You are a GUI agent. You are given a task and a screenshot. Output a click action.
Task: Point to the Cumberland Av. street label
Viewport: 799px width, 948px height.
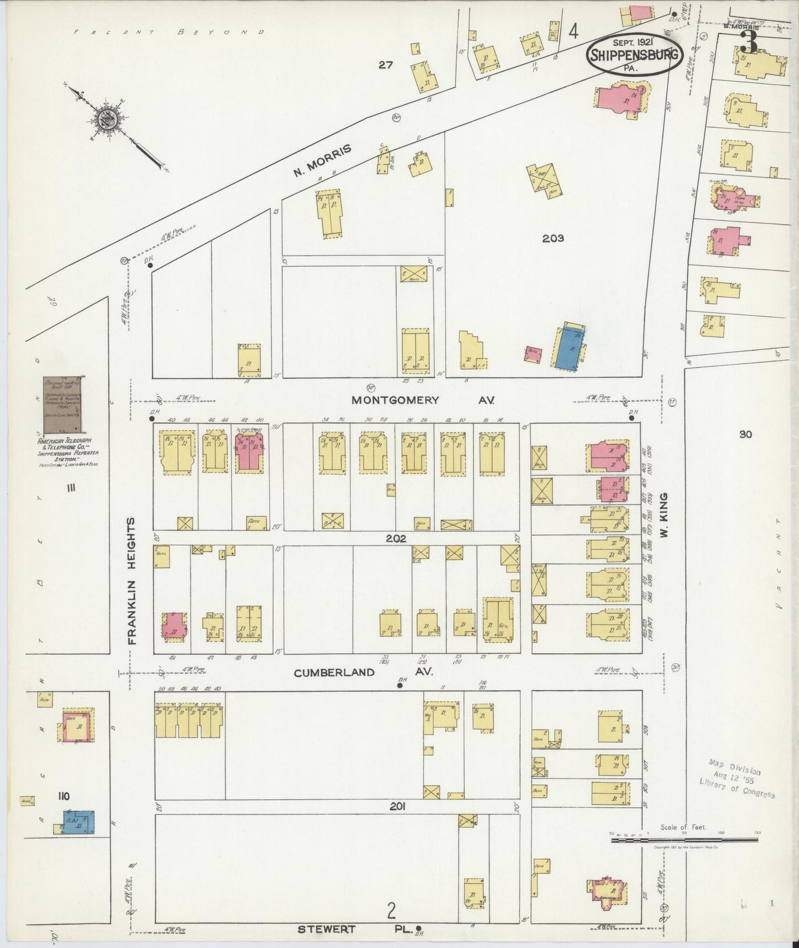click(362, 673)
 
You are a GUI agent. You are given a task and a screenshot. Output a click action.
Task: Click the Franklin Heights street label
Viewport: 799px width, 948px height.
click(132, 581)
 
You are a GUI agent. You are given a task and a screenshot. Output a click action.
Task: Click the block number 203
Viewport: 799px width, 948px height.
click(552, 238)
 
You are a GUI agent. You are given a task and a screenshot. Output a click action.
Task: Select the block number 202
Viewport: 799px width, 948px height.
click(396, 538)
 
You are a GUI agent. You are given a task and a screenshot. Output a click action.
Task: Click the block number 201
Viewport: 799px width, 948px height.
click(397, 807)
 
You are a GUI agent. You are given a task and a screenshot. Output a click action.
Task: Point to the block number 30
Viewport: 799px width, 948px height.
click(745, 435)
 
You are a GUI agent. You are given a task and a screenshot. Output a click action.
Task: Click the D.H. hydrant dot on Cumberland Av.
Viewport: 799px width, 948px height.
click(400, 686)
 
